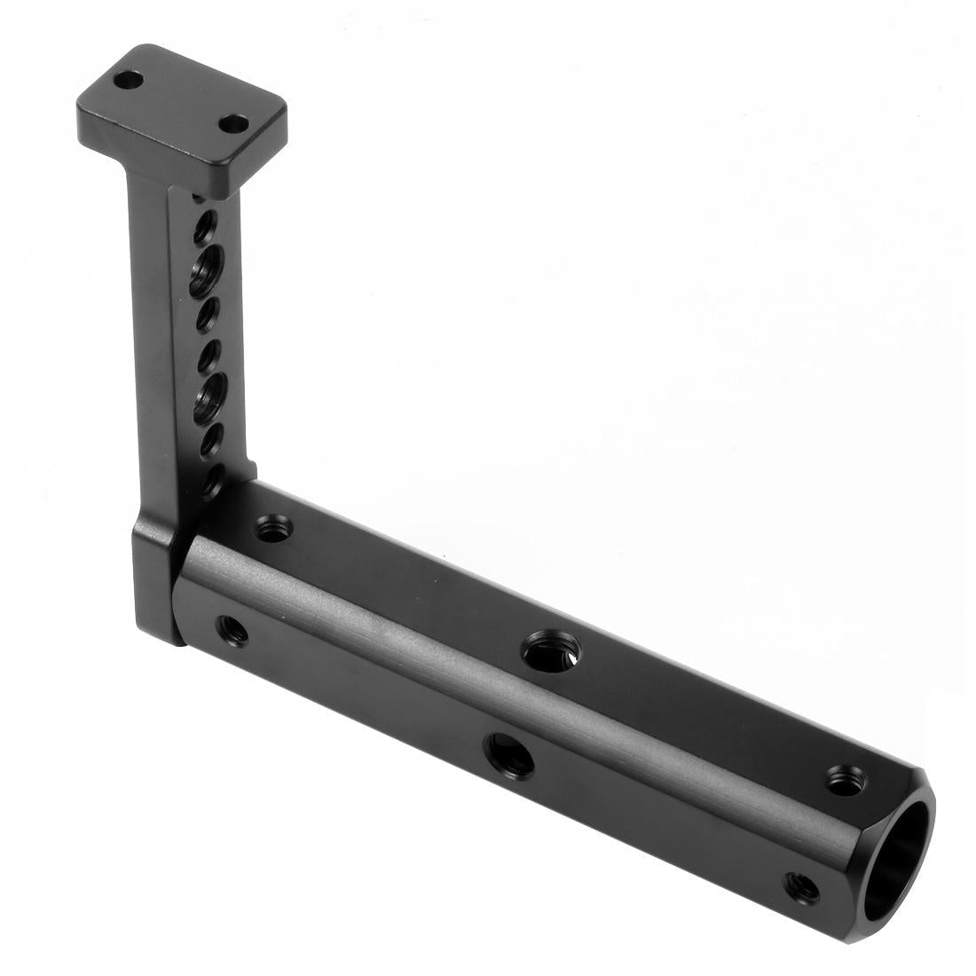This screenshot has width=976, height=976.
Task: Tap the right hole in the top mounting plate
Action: (232, 124)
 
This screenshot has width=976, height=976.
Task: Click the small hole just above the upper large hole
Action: (204, 228)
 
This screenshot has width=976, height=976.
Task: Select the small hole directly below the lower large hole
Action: (209, 441)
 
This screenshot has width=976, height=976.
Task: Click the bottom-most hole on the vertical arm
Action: (211, 484)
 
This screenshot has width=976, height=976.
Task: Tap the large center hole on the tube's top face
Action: (550, 652)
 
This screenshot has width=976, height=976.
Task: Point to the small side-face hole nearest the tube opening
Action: (803, 886)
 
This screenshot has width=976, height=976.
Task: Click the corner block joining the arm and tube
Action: (157, 581)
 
